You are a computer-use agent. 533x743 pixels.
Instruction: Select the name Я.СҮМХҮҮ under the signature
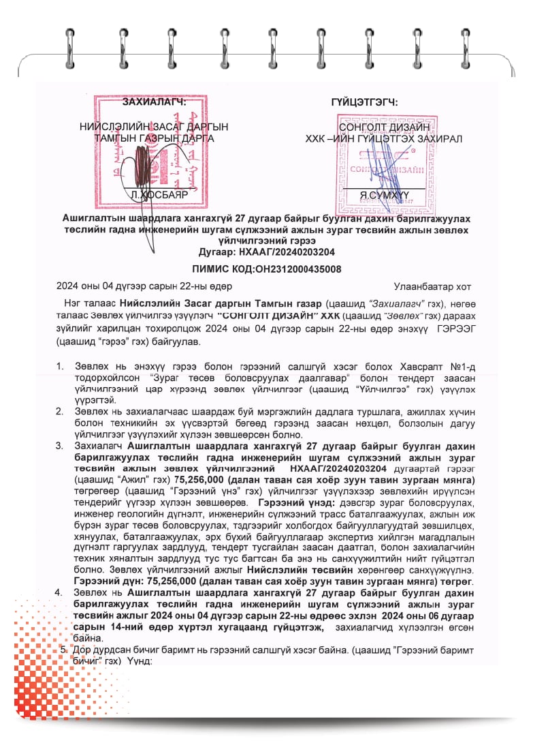(x=384, y=195)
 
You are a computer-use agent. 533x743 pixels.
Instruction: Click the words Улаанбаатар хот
(x=432, y=287)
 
